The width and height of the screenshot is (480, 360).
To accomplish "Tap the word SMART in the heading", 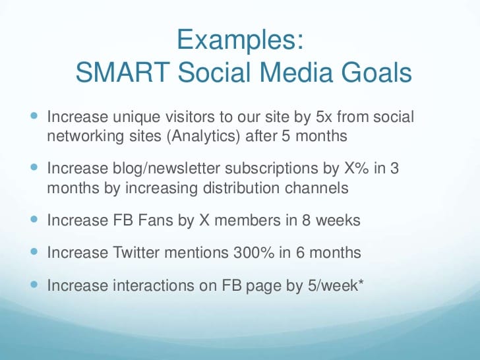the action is click(x=123, y=73).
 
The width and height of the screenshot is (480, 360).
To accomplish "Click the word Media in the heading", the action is click(x=295, y=73).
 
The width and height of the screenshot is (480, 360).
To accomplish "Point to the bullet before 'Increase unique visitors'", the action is click(x=34, y=116).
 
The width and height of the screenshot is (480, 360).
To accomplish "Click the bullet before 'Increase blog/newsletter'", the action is click(x=34, y=167).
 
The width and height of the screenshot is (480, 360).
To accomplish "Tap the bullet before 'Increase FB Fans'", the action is click(x=34, y=219).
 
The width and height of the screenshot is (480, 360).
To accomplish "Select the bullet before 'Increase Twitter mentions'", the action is click(x=34, y=252).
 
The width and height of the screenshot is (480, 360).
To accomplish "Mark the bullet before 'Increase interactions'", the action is click(x=34, y=285).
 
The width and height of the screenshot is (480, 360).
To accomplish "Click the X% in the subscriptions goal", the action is click(x=356, y=168).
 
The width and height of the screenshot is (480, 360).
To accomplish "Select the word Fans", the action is click(x=156, y=220).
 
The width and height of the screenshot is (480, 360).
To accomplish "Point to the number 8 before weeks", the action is click(x=306, y=220).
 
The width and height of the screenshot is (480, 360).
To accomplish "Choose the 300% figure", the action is click(x=254, y=253).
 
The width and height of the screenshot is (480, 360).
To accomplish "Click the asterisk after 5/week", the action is click(x=361, y=282).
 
